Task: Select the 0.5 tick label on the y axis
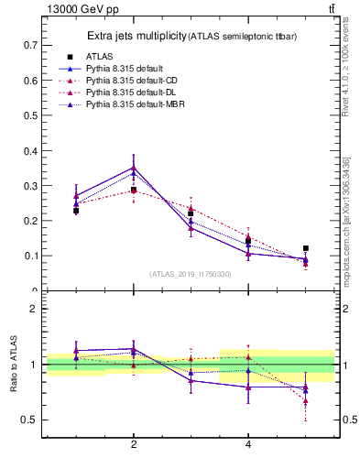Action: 30,115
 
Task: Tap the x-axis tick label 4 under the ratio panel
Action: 248,445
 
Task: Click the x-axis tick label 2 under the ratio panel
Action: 134,445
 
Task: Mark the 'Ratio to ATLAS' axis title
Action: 14,364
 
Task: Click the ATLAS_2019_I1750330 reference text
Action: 191,274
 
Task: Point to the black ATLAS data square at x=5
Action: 305,248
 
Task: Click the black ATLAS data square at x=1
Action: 76,211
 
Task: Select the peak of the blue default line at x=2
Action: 134,167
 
